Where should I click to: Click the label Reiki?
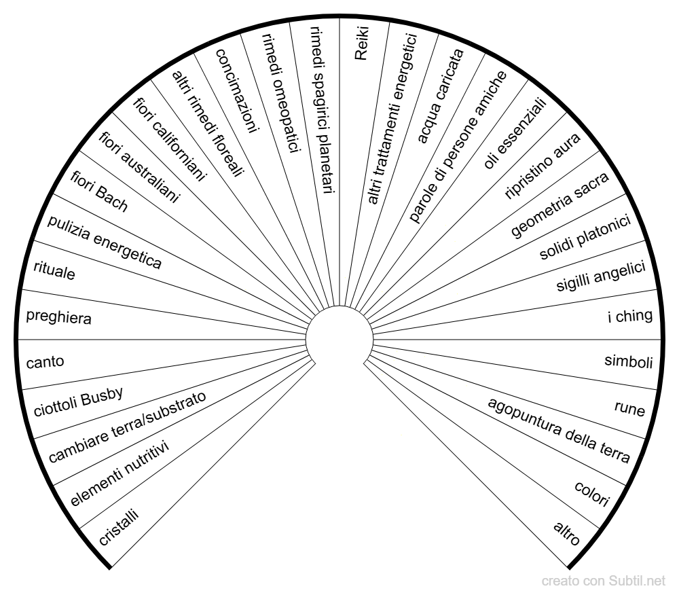click(x=361, y=43)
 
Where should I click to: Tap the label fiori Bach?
click(x=99, y=192)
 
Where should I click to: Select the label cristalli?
click(x=119, y=527)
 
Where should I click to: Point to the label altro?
click(x=567, y=533)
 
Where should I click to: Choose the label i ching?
click(x=630, y=316)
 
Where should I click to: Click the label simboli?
click(x=628, y=361)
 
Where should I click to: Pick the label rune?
click(x=629, y=408)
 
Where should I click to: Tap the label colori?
click(x=592, y=493)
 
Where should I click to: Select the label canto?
click(x=45, y=362)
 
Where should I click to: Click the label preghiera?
click(x=59, y=317)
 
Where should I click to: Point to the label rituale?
click(x=54, y=270)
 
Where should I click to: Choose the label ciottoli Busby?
click(x=78, y=401)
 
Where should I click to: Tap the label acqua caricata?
click(x=441, y=96)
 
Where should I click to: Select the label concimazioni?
click(x=237, y=90)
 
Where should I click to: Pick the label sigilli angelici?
click(x=601, y=276)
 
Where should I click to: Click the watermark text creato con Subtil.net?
click(x=603, y=581)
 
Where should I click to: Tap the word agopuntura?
click(x=525, y=417)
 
